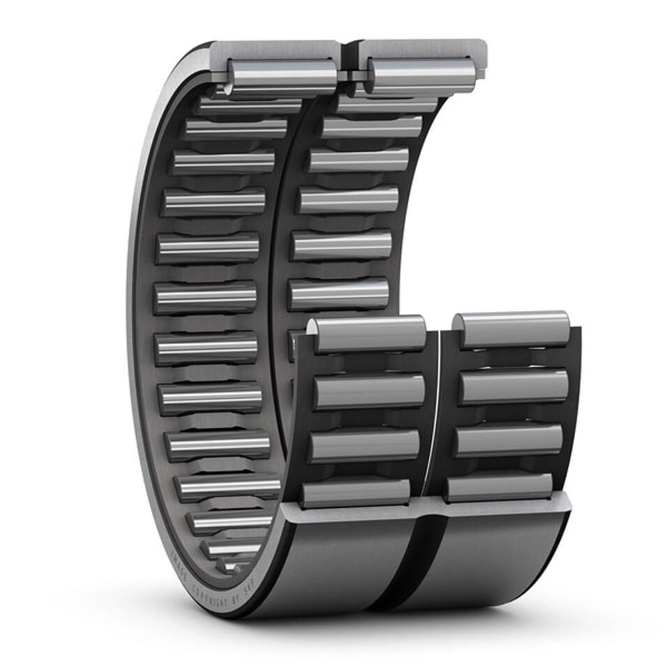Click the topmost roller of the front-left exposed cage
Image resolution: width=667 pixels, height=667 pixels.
tap(368, 333)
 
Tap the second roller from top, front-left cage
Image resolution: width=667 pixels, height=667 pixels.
tap(368, 391)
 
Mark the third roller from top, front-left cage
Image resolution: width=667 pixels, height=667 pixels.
tap(365, 446)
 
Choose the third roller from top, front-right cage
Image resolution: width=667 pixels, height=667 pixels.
tap(509, 440)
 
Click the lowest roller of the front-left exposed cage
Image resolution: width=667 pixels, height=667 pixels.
tap(356, 493)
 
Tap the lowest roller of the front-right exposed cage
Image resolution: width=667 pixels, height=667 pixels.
tap(499, 488)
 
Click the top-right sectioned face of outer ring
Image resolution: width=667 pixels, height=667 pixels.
tap(422, 48)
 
